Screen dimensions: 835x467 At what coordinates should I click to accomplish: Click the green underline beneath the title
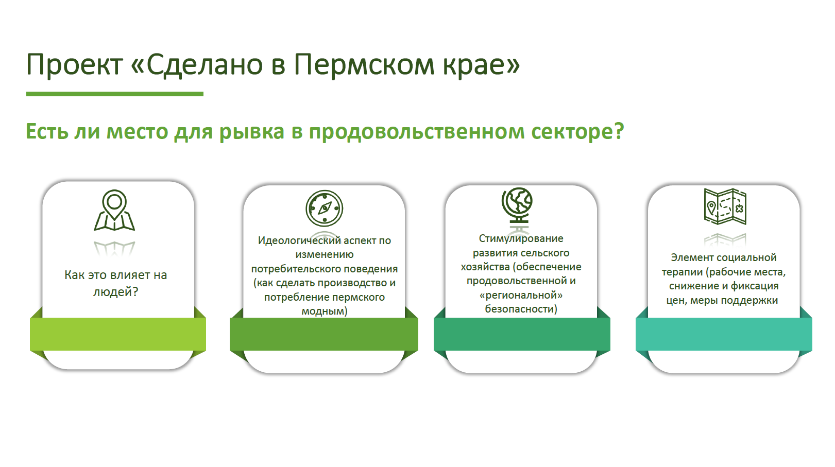tap(115, 94)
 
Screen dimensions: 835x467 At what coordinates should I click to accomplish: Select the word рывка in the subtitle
tap(251, 132)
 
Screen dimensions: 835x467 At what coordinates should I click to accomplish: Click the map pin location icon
tap(114, 210)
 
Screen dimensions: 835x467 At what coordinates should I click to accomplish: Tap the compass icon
tap(325, 209)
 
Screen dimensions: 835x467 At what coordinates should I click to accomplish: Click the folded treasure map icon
tap(725, 206)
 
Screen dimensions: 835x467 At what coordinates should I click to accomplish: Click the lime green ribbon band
tap(118, 334)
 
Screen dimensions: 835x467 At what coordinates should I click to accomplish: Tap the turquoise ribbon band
tap(724, 334)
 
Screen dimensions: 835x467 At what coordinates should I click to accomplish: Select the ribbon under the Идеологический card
tap(324, 334)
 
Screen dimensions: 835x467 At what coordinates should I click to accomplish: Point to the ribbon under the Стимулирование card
tap(522, 334)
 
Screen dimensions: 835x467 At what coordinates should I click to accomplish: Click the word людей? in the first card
tap(115, 292)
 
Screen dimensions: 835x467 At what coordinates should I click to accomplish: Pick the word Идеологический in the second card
tap(299, 241)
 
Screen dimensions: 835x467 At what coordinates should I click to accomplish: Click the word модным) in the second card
tap(325, 311)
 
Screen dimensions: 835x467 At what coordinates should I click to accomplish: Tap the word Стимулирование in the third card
tap(521, 238)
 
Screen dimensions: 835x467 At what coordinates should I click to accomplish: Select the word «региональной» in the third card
tap(521, 295)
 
